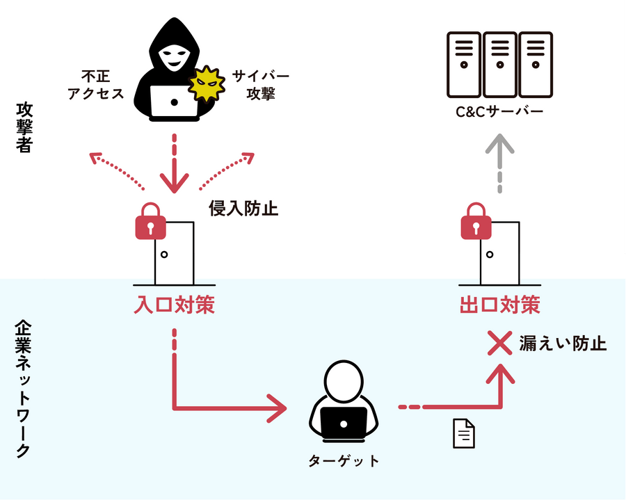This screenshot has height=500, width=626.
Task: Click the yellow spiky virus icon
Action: click(206, 86)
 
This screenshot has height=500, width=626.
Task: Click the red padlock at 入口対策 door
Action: click(150, 223)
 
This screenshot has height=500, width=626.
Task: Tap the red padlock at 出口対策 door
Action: click(476, 223)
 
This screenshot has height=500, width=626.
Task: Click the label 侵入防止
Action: click(243, 208)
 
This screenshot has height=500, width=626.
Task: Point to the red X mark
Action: click(499, 343)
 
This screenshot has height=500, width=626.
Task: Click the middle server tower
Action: click(499, 63)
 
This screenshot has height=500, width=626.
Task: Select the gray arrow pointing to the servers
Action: click(499, 160)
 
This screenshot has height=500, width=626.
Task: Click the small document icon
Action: click(464, 433)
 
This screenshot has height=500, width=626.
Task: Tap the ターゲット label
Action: click(344, 460)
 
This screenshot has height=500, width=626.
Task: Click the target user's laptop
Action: click(343, 421)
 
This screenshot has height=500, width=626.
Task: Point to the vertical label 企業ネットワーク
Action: click(23, 389)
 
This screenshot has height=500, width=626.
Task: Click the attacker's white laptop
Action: click(173, 103)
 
